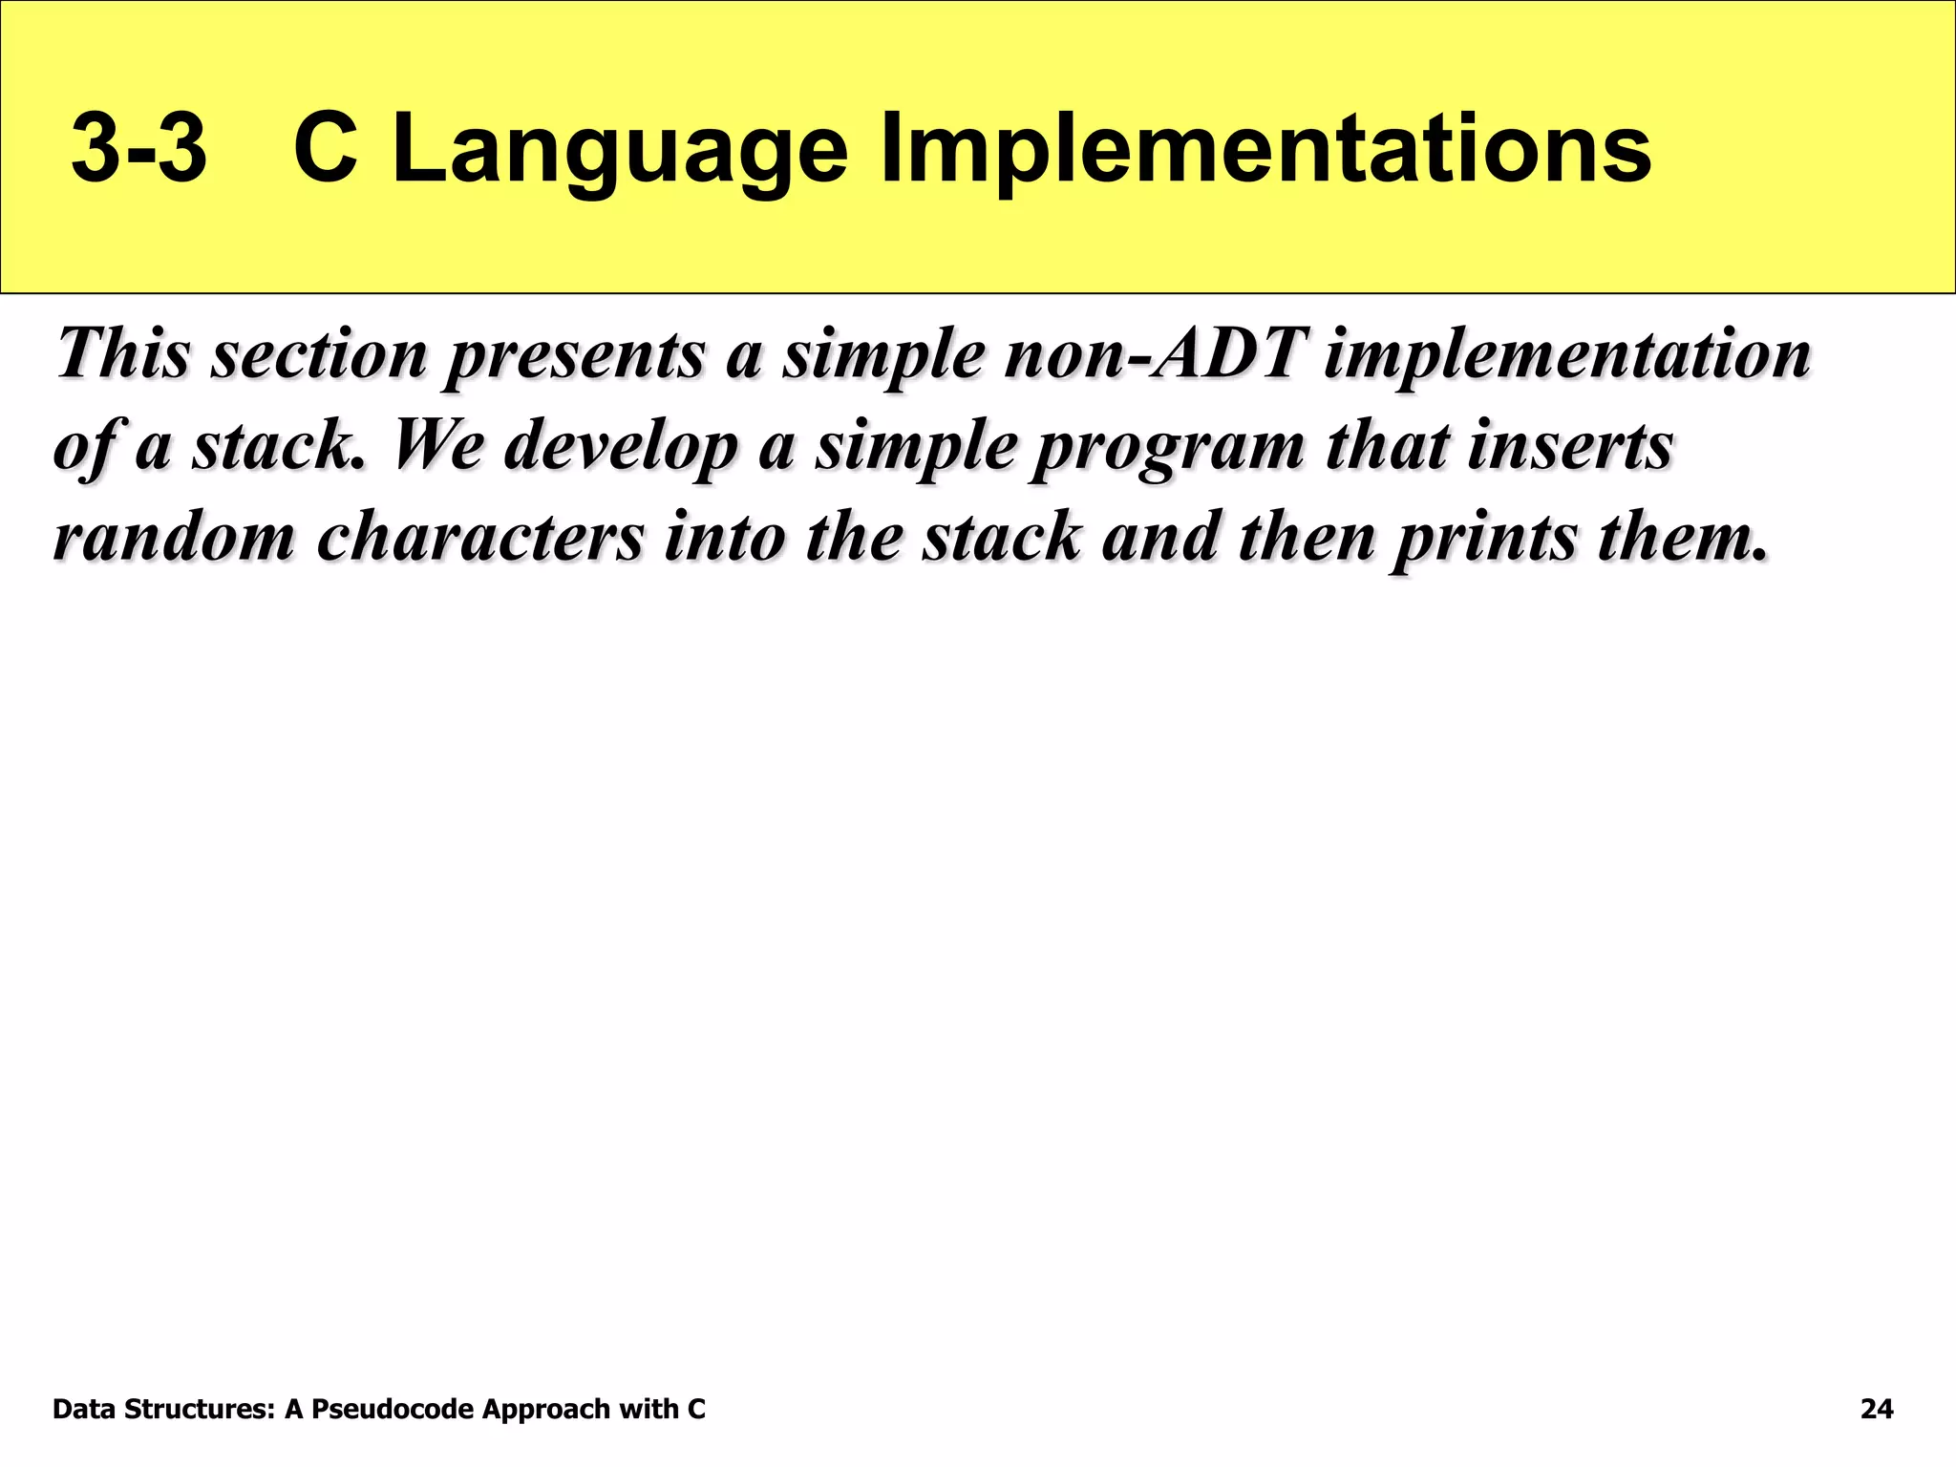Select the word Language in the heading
(x=619, y=150)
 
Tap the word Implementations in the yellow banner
(x=1265, y=150)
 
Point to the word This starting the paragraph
(x=124, y=353)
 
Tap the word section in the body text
(x=320, y=353)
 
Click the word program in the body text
(x=1170, y=447)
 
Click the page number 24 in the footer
(x=1877, y=1409)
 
